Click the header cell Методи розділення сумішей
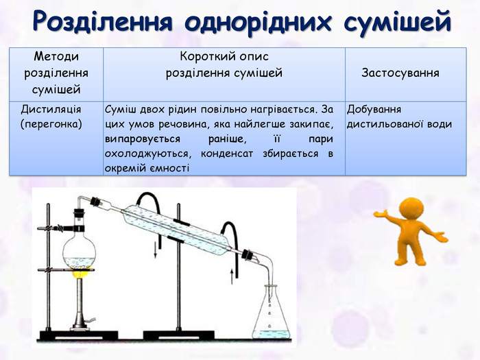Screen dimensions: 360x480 pyautogui.click(x=56, y=73)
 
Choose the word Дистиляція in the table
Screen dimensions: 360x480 pyautogui.click(x=51, y=110)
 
